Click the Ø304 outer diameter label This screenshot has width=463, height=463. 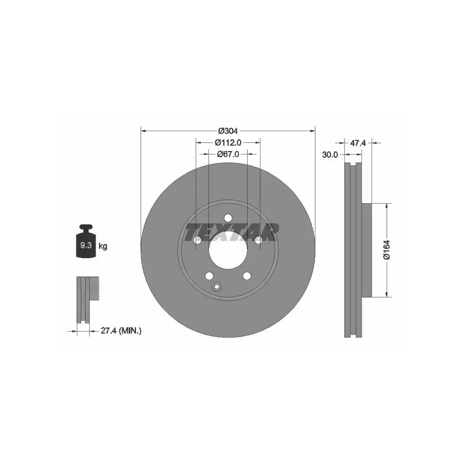coord(227,131)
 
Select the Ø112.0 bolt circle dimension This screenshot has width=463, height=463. coord(228,142)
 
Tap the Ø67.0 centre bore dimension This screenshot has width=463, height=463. coord(228,154)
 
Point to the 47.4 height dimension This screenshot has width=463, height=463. coord(358,143)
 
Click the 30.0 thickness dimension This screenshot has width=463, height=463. coord(330,155)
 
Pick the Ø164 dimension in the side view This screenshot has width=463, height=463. coord(387,250)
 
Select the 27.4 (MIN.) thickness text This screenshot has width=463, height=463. coord(121,330)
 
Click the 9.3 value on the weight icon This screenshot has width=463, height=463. coord(86,245)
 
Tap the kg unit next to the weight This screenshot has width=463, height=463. coord(103,246)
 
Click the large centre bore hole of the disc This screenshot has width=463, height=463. coord(228,250)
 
